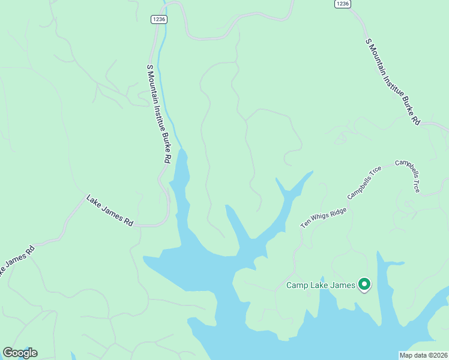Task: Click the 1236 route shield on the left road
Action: pyautogui.click(x=159, y=19)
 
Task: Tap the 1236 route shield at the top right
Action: pyautogui.click(x=342, y=4)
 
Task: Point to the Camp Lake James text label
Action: pyautogui.click(x=321, y=286)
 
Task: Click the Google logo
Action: pyautogui.click(x=20, y=353)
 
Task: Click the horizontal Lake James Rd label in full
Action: pyautogui.click(x=110, y=210)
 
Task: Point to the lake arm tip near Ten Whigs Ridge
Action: pyautogui.click(x=311, y=173)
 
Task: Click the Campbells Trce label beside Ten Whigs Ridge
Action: pyautogui.click(x=365, y=182)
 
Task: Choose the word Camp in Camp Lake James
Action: pyautogui.click(x=298, y=286)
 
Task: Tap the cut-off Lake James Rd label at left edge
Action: pyautogui.click(x=17, y=259)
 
